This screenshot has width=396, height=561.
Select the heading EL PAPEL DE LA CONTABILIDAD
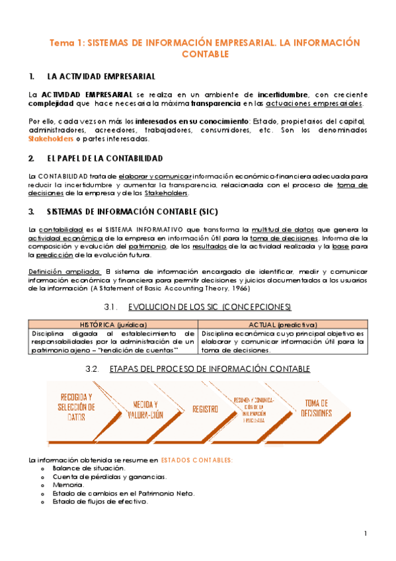(x=100, y=159)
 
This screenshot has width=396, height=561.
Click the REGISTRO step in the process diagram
(x=205, y=409)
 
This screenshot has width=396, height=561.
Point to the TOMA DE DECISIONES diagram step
(x=317, y=408)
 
